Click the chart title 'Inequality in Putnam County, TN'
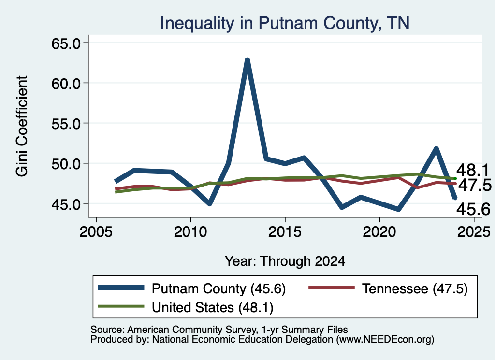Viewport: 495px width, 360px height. tap(284, 23)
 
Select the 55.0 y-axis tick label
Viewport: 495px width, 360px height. tap(66, 124)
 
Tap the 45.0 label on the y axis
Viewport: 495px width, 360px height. tap(66, 204)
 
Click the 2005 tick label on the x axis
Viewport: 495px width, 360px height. tap(96, 232)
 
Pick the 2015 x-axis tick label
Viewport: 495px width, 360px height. tap(285, 232)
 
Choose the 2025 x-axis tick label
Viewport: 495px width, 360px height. tap(474, 232)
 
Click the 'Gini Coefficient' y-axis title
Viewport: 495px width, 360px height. tap(22, 126)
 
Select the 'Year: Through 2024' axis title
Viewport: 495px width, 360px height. tap(285, 261)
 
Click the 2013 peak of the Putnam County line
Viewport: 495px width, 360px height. tap(247, 60)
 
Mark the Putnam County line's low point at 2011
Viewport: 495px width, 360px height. tap(209, 204)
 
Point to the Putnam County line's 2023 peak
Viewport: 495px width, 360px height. tap(437, 149)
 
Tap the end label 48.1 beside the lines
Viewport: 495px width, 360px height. tap(473, 171)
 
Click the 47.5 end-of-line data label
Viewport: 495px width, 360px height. tap(475, 185)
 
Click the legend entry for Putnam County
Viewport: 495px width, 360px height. tap(191, 288)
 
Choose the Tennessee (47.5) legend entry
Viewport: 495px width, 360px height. tap(388, 288)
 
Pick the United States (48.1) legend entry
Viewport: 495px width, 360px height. tap(186, 307)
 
